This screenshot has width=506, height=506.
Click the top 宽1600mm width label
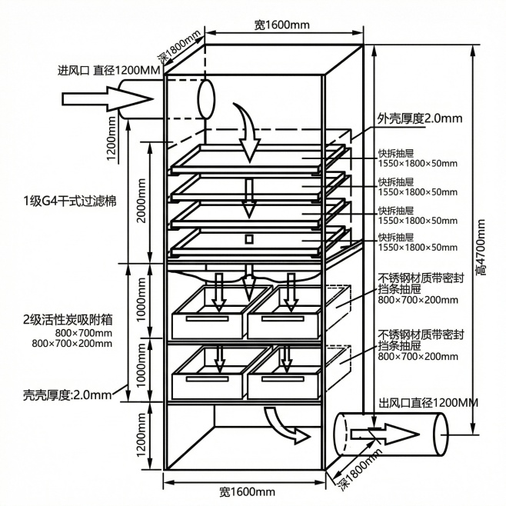click(281, 25)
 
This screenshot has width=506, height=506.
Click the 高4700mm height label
click(481, 247)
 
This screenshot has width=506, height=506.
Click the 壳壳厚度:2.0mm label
click(67, 396)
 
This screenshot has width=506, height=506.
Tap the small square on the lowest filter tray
click(248, 239)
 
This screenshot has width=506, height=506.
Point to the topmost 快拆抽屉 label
click(396, 152)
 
